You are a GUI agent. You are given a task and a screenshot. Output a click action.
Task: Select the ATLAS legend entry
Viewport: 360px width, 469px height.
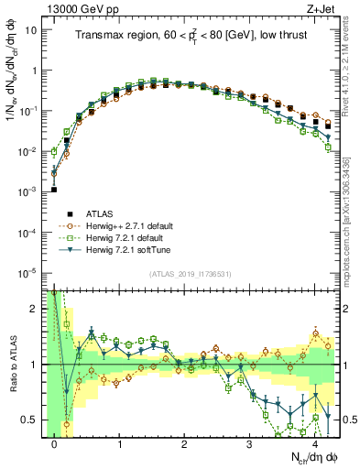(101, 213)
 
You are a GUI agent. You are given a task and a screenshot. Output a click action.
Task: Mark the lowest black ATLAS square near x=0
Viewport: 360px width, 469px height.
(54, 190)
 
